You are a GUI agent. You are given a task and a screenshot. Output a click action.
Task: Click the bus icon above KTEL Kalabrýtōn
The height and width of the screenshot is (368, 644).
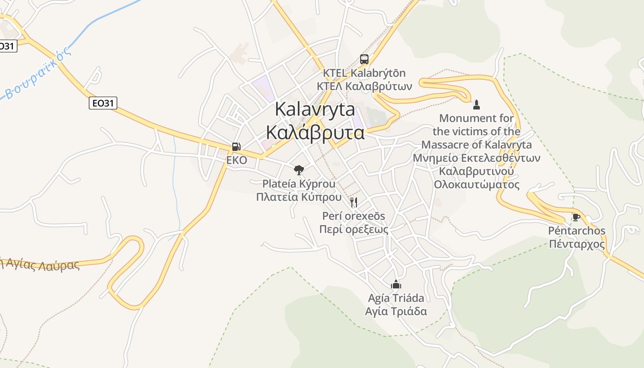point(364,59)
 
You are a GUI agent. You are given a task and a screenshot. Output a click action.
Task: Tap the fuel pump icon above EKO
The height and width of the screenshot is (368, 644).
point(236,147)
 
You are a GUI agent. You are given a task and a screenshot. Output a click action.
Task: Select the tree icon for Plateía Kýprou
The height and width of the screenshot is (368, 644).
point(299,170)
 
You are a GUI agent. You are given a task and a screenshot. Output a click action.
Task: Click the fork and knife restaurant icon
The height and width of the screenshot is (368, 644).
point(353,202)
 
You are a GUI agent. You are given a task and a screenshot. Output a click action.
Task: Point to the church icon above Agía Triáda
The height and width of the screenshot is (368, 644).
point(396,284)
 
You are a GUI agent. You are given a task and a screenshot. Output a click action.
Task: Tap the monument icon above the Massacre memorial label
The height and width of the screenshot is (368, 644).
point(477,104)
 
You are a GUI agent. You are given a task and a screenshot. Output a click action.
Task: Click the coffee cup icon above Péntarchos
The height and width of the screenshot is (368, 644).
point(576,217)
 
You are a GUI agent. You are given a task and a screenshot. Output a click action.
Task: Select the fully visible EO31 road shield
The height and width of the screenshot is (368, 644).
point(103,103)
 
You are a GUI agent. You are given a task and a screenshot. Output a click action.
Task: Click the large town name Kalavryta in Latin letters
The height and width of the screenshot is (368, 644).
point(315,109)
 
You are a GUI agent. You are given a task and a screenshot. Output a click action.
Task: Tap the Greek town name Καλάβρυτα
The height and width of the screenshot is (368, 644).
point(315,133)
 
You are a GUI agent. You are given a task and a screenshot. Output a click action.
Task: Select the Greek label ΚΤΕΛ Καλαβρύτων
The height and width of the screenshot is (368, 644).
point(364,86)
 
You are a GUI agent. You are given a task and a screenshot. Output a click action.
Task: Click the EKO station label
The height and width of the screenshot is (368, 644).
point(236,160)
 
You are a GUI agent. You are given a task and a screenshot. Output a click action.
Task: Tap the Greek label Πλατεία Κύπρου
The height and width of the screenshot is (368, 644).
point(299,197)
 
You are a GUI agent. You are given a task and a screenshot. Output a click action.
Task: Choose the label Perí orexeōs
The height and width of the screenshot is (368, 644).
point(353,216)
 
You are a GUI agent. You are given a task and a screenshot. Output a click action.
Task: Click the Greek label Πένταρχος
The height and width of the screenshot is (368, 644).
point(577,244)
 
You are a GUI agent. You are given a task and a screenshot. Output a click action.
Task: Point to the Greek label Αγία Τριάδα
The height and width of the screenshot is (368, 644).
point(396,311)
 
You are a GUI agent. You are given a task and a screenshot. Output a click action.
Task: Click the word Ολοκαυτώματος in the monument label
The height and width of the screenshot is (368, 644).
point(477,184)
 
